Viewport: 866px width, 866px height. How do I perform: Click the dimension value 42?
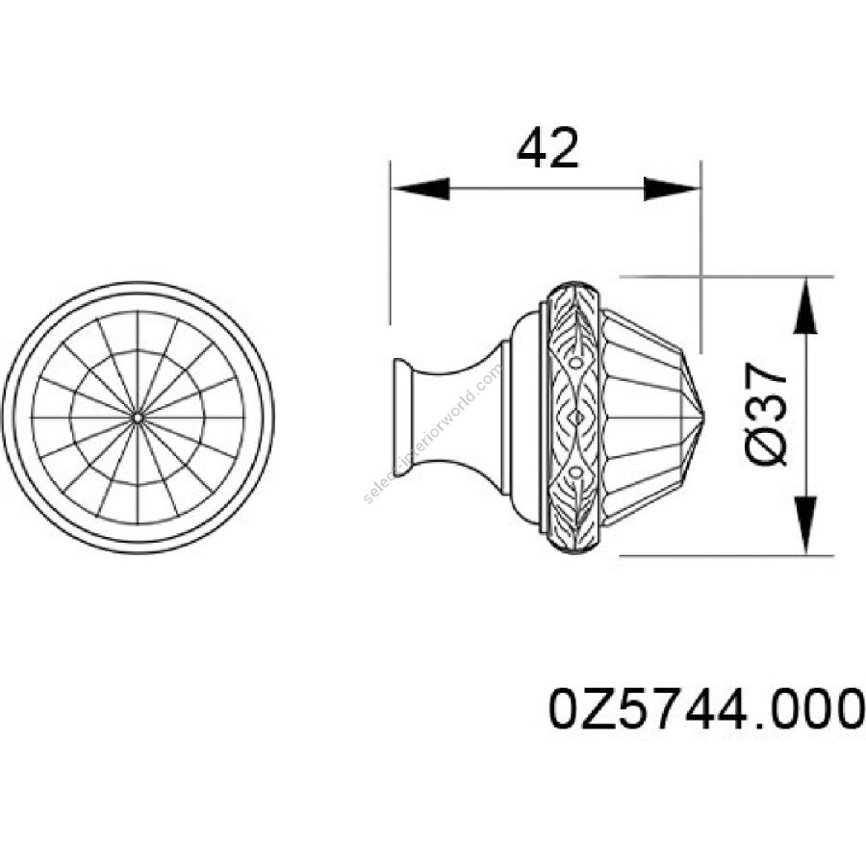(x=548, y=148)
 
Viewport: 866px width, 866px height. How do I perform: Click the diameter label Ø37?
(x=766, y=414)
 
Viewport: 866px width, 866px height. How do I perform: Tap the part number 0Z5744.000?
(x=706, y=708)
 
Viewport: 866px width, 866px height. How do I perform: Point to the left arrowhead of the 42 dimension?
(x=420, y=189)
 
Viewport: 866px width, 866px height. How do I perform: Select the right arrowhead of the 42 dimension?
(x=672, y=189)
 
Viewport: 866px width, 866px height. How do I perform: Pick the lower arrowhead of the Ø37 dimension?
(x=805, y=525)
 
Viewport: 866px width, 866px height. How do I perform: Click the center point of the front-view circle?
(x=138, y=418)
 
